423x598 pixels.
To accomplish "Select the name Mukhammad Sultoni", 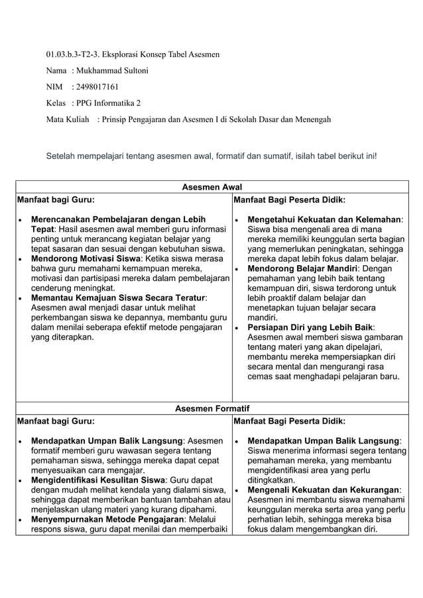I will tap(112, 70).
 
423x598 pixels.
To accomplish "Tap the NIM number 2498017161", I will tap(99, 87).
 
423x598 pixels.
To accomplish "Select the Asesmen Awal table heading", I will tap(211, 188).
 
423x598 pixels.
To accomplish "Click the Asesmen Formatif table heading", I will tap(211, 408).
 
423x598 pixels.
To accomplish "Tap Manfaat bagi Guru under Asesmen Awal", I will tap(55, 198).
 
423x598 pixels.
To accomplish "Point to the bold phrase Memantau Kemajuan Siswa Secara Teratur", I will tap(119, 298).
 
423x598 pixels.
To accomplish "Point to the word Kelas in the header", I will tap(56, 103).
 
